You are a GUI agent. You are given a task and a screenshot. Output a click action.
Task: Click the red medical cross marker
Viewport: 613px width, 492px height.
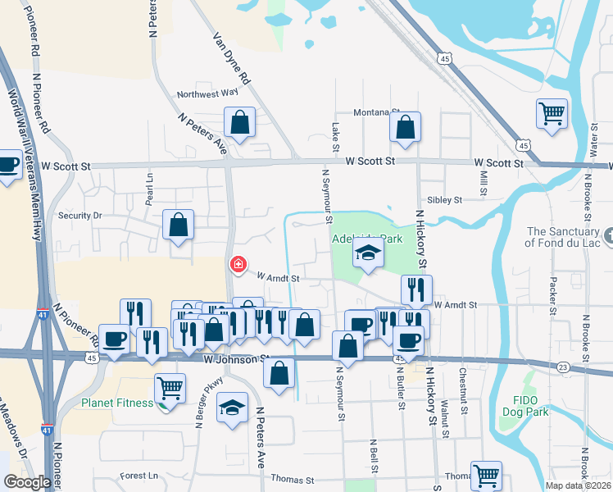(238, 264)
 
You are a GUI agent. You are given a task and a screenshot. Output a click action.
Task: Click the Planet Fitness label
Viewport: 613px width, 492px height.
(117, 403)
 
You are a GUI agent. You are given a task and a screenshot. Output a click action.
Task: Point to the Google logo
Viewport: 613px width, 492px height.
(27, 482)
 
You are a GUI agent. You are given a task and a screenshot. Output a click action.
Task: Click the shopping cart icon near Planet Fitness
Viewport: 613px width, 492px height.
(170, 386)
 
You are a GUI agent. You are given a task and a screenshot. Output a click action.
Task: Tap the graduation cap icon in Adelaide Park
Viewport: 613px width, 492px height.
(368, 253)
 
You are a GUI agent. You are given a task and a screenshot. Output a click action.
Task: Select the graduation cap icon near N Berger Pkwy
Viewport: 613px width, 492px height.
(232, 407)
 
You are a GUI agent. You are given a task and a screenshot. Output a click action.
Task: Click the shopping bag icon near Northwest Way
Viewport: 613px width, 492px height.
(238, 123)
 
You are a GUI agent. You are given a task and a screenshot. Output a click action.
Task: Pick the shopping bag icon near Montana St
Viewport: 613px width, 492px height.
(405, 127)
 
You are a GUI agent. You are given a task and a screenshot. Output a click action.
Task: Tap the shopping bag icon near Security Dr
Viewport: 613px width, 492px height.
(178, 225)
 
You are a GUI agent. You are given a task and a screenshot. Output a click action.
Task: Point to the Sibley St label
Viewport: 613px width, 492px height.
(445, 199)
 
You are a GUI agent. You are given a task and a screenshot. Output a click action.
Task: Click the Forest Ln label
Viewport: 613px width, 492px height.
(138, 476)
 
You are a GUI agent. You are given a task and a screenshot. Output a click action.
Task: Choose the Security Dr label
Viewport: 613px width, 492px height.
(79, 216)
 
